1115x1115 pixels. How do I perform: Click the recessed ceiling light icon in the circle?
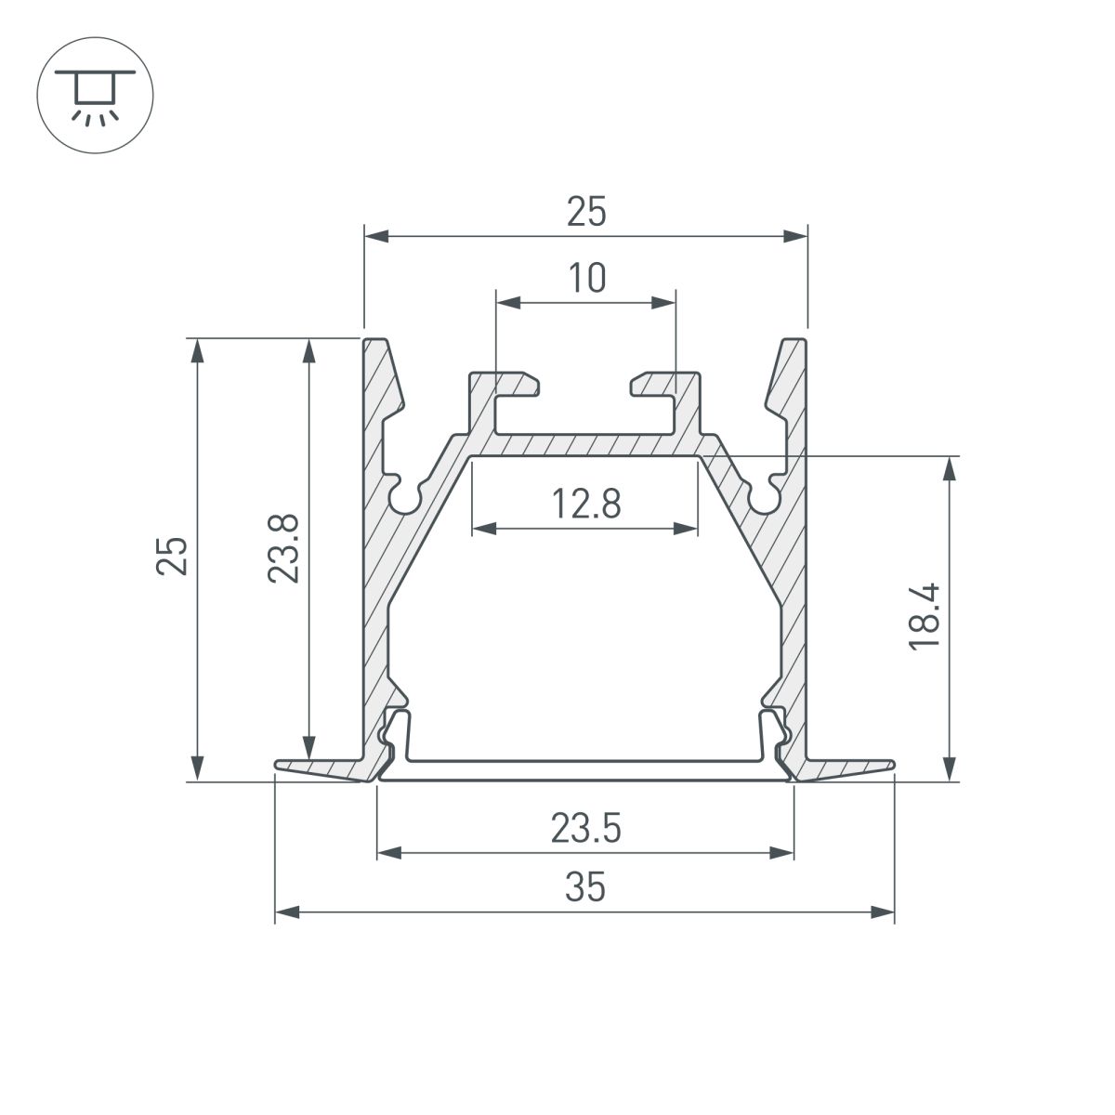pyautogui.click(x=94, y=94)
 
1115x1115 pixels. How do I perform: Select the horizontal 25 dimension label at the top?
pyautogui.click(x=586, y=214)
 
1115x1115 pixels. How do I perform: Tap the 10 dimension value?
pyautogui.click(x=586, y=278)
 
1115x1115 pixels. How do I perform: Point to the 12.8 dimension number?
pyautogui.click(x=585, y=505)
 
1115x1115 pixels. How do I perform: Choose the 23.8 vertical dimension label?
pyautogui.click(x=282, y=549)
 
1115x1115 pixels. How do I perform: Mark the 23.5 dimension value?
pyautogui.click(x=585, y=828)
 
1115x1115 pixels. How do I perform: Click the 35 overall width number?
pyautogui.click(x=585, y=888)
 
